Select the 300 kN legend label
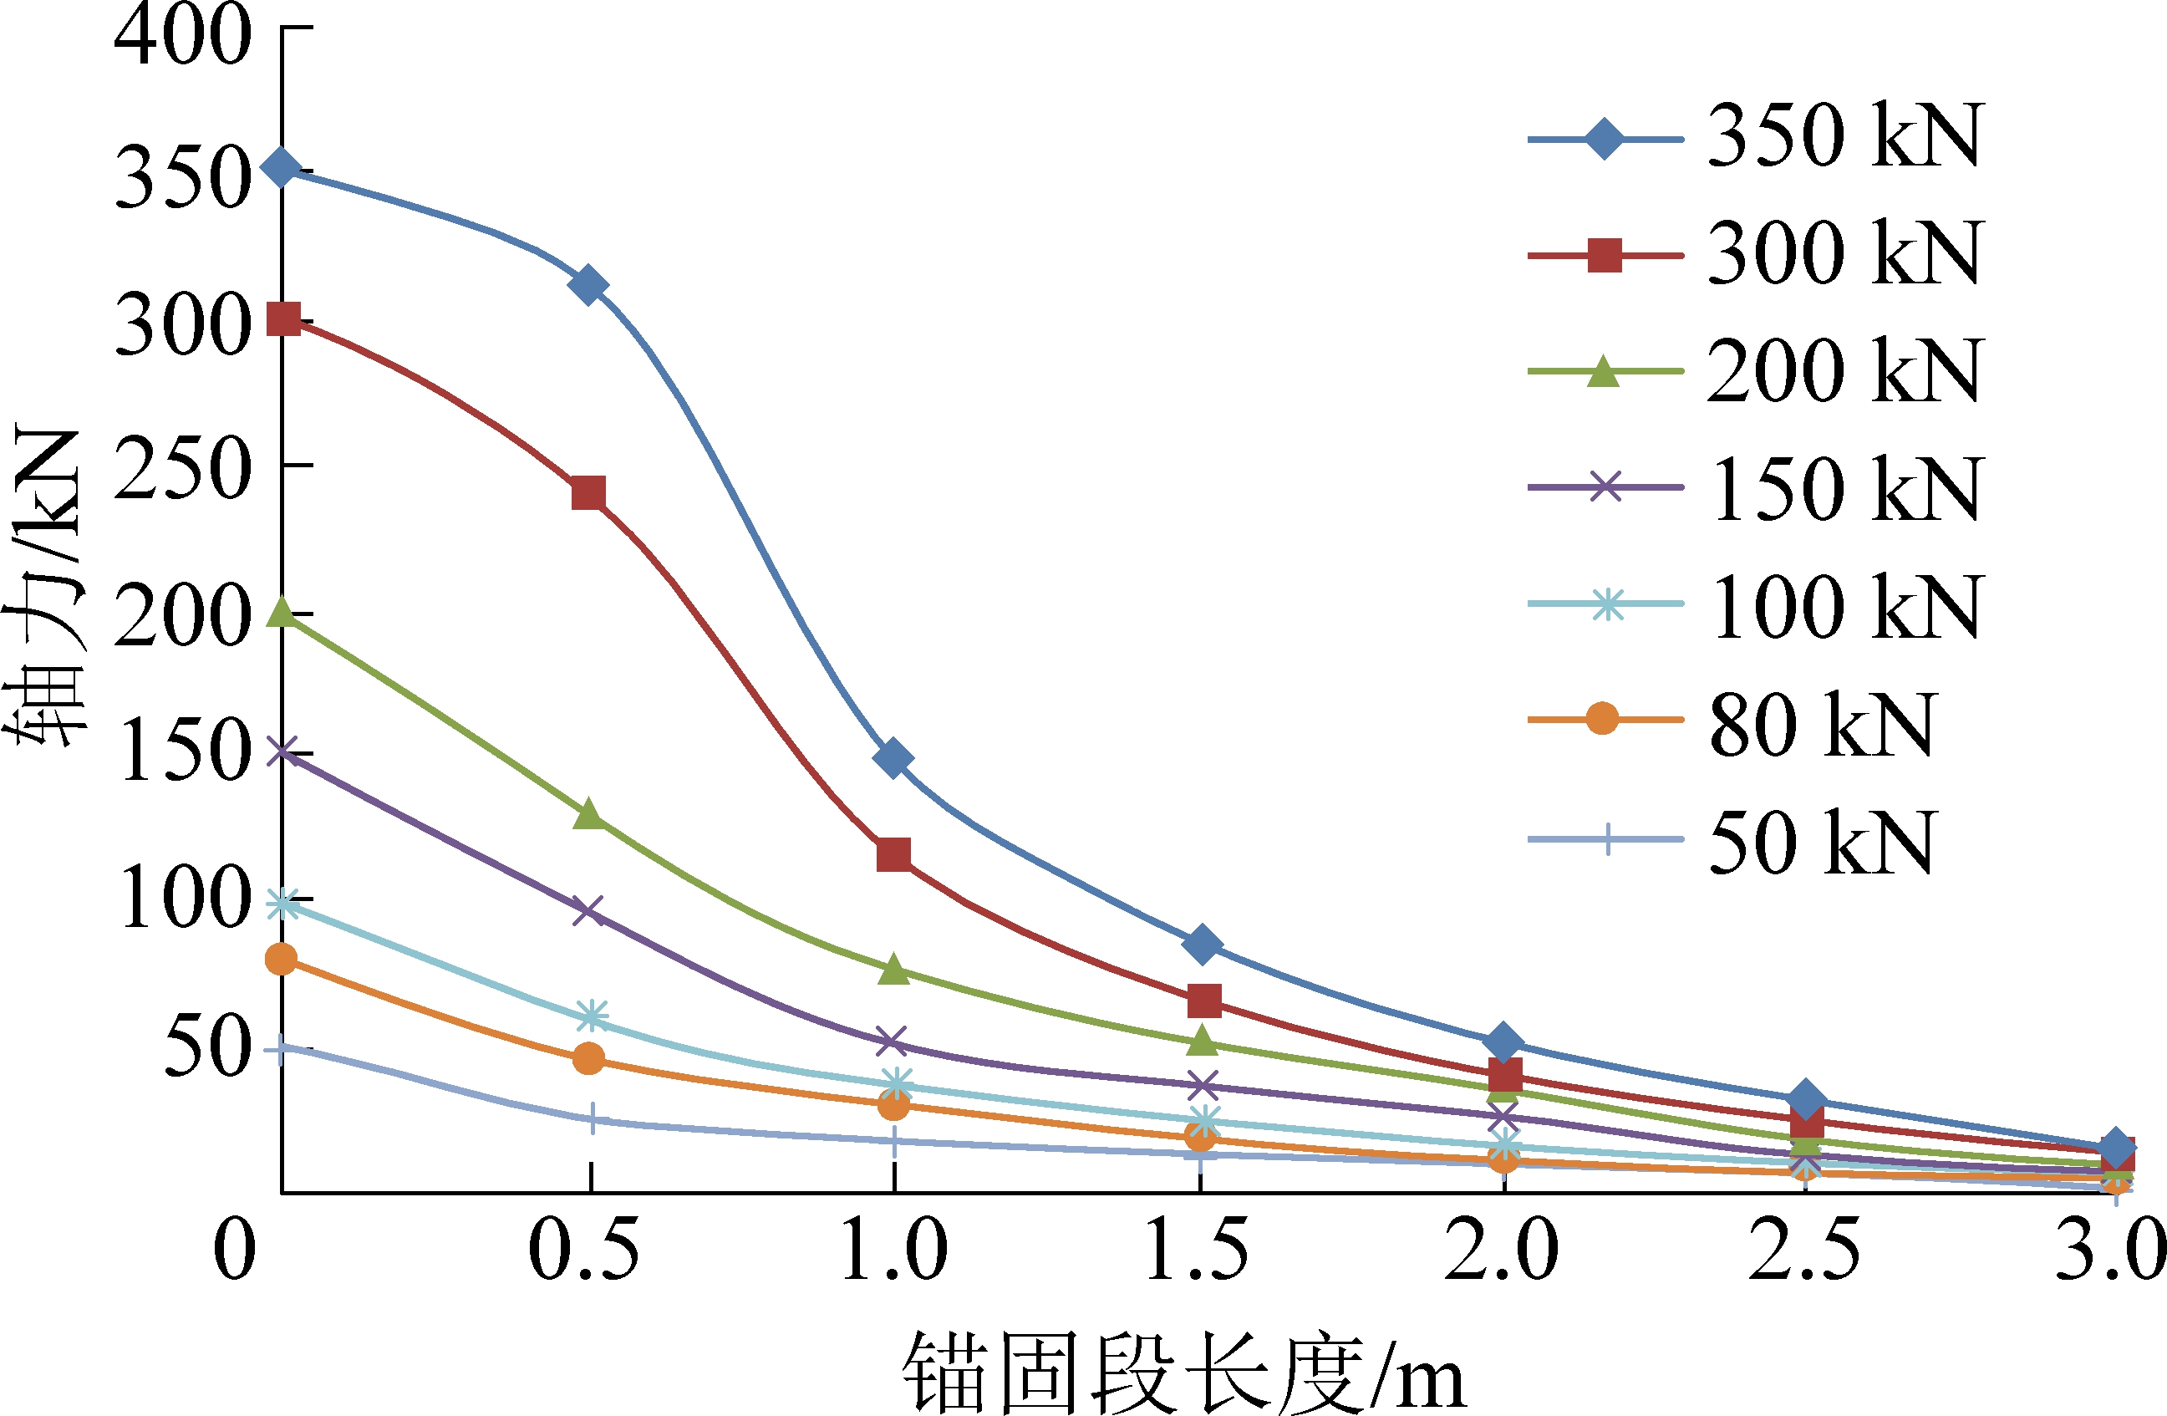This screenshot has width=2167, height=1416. [x=1843, y=254]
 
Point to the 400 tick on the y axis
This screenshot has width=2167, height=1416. [x=182, y=34]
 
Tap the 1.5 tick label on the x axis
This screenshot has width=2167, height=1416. [x=1197, y=1250]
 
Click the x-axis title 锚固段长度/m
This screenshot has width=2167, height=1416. [x=1183, y=1372]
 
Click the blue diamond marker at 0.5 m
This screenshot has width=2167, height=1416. [x=588, y=285]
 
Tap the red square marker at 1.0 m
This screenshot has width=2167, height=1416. [x=894, y=855]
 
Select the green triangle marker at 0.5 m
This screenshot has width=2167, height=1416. [x=589, y=813]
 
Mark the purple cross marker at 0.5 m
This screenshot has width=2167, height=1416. [x=589, y=910]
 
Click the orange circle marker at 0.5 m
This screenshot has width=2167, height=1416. [x=589, y=1058]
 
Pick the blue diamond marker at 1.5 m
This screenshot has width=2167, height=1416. [x=1202, y=944]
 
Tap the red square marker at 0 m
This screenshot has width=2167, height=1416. [x=283, y=319]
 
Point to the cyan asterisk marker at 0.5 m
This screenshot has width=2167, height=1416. [x=592, y=1016]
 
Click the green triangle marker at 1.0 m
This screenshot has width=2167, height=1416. [x=894, y=969]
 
